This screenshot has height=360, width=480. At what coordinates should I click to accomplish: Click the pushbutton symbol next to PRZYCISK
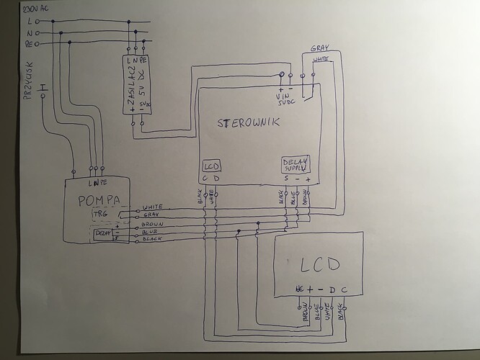[43, 89]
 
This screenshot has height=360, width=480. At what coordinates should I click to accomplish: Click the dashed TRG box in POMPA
[99, 215]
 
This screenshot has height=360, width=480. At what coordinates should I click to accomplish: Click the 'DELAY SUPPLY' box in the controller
[295, 165]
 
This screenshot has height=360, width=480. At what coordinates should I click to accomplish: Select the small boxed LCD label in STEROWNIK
[211, 164]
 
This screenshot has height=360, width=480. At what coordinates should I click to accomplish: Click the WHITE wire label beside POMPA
[156, 207]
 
